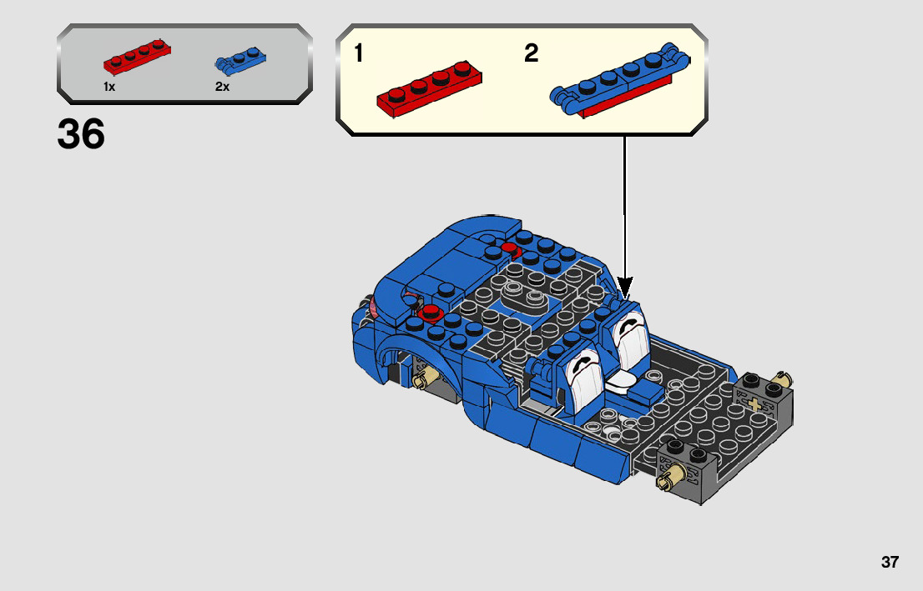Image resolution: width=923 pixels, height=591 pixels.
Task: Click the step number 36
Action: pyautogui.click(x=81, y=133)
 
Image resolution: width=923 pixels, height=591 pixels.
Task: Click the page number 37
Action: pyautogui.click(x=890, y=562)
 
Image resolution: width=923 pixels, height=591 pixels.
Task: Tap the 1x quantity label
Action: pyautogui.click(x=109, y=87)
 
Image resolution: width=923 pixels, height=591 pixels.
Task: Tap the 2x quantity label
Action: pyautogui.click(x=222, y=87)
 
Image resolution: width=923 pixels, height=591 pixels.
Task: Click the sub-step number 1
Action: pyautogui.click(x=358, y=54)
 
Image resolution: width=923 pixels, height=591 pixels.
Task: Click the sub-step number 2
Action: pyautogui.click(x=532, y=54)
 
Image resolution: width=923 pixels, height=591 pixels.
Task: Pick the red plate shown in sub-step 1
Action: pyautogui.click(x=430, y=88)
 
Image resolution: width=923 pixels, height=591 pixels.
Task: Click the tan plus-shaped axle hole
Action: pyautogui.click(x=757, y=406)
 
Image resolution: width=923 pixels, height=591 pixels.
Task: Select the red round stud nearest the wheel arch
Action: pyautogui.click(x=431, y=312)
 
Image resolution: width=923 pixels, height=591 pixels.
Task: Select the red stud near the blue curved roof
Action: pyautogui.click(x=509, y=247)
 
